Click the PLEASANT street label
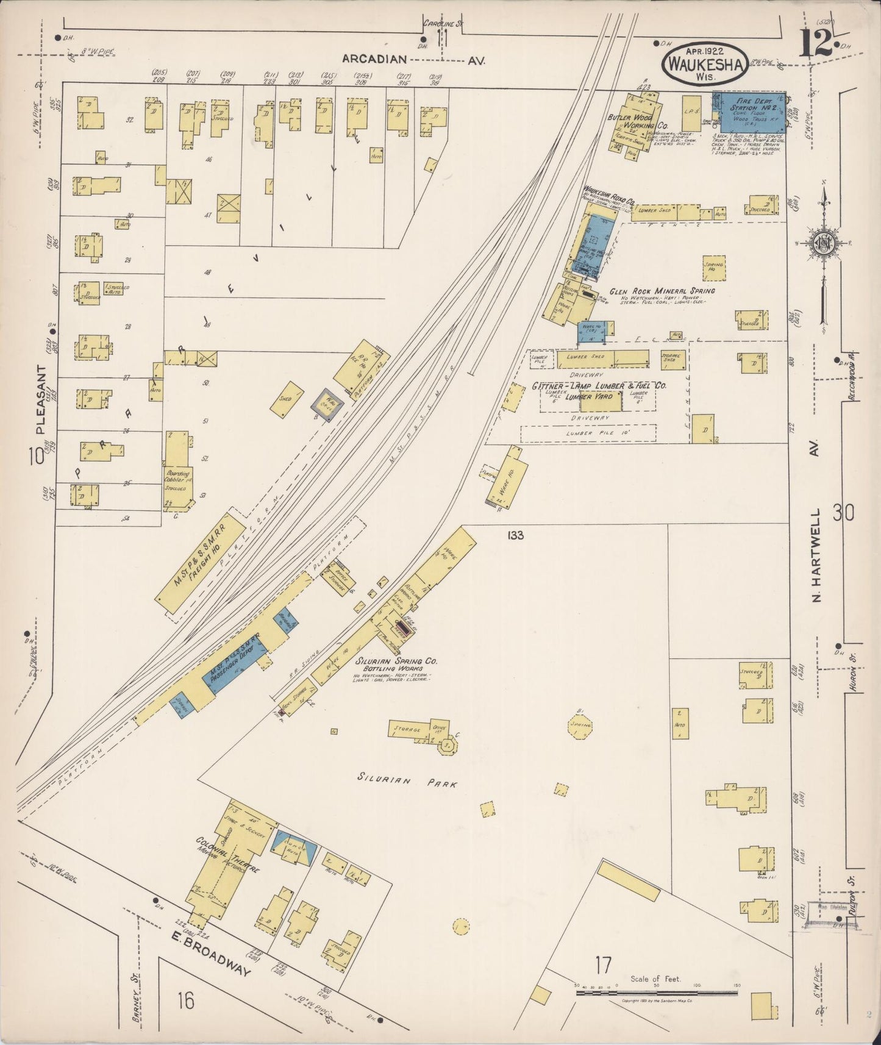click(x=41, y=399)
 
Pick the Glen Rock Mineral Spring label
click(x=662, y=291)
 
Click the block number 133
click(x=515, y=535)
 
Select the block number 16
click(x=186, y=1000)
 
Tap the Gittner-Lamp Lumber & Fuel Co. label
click(x=599, y=386)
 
